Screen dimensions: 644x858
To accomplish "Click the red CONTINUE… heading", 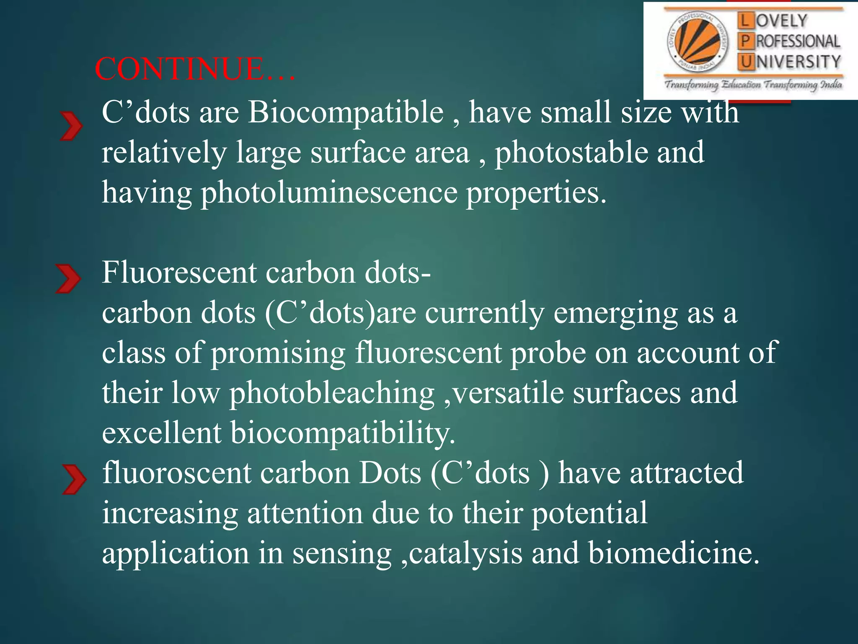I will [x=195, y=69].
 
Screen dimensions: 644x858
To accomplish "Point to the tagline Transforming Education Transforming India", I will [x=753, y=85].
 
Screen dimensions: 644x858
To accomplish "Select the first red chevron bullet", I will [x=71, y=126].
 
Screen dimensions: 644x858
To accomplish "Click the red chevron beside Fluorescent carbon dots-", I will [x=68, y=279].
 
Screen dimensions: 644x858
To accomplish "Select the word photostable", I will [x=571, y=153].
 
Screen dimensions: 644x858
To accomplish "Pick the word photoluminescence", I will [x=329, y=193].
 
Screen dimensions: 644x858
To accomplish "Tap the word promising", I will [x=278, y=353].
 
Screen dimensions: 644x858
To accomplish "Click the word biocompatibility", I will [x=342, y=433].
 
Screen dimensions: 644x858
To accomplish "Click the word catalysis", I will [x=465, y=553].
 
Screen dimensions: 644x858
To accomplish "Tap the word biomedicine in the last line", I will [x=673, y=553].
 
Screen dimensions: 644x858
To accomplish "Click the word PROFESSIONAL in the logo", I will [x=798, y=41].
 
